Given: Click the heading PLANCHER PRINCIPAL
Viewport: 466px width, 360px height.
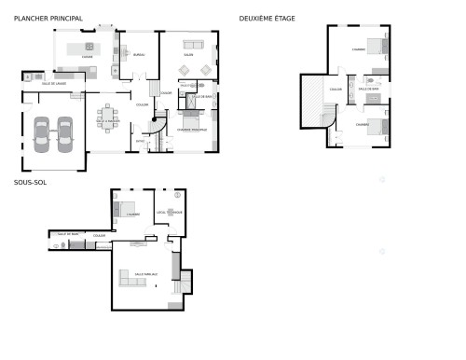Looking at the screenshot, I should click(x=48, y=18).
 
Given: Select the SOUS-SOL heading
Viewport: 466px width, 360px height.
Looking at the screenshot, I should click(x=31, y=183).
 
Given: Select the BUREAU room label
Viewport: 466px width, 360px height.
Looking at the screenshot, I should click(x=139, y=56).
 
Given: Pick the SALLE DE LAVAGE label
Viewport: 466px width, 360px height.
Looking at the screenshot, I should click(x=52, y=84).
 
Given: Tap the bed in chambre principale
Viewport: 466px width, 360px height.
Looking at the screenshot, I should click(x=192, y=122).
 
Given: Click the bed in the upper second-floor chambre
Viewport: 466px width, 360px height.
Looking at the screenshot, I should click(x=375, y=45).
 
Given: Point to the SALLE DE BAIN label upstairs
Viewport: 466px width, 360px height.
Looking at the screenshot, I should click(x=369, y=89).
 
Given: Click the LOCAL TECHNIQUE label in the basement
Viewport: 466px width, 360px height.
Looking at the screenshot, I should click(x=170, y=213).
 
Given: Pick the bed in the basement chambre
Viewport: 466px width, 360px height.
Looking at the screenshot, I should click(x=126, y=209).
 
